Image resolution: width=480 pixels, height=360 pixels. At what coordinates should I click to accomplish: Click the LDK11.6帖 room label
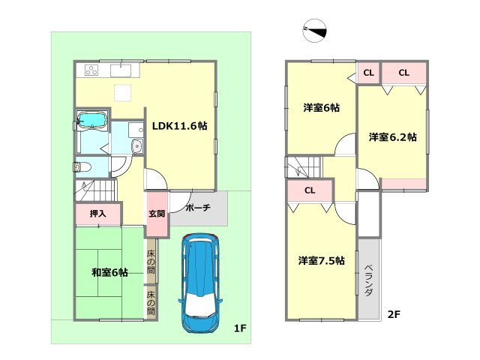coord(180,126)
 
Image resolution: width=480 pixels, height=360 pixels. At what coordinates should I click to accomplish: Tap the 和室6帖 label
coord(109,272)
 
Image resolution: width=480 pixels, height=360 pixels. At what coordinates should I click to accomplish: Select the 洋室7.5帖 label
coord(322,261)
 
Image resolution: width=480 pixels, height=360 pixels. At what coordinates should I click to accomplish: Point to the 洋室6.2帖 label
coord(392,137)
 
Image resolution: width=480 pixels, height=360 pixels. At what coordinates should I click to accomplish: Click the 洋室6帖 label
coord(322,108)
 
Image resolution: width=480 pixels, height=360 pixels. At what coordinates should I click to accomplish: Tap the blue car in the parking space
coord(200,283)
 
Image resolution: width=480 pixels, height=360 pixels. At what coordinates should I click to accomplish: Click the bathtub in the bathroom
coord(91,120)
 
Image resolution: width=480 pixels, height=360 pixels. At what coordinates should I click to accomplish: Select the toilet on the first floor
coord(82,167)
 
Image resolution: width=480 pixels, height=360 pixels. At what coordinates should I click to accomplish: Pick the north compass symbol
coord(315,30)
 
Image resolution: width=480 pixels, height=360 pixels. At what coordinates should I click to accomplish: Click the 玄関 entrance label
coord(157,214)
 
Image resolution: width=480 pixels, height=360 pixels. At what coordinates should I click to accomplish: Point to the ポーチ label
coord(198,208)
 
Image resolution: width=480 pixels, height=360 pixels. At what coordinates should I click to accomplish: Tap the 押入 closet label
coord(98,213)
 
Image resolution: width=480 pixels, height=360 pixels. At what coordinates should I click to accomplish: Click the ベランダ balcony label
coord(369,280)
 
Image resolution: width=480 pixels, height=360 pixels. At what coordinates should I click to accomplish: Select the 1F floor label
coord(240,328)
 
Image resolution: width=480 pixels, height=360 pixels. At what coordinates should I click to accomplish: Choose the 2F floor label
coord(394,314)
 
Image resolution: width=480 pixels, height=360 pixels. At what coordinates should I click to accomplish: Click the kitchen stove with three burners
coord(91,70)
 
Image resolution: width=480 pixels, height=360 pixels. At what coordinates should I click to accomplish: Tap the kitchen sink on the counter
coord(121,70)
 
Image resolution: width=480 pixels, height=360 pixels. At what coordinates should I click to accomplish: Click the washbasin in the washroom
coord(137,146)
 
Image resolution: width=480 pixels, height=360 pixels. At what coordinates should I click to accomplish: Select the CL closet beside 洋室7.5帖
coord(310,190)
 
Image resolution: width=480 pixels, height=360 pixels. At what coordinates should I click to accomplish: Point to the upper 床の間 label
coord(151,262)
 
